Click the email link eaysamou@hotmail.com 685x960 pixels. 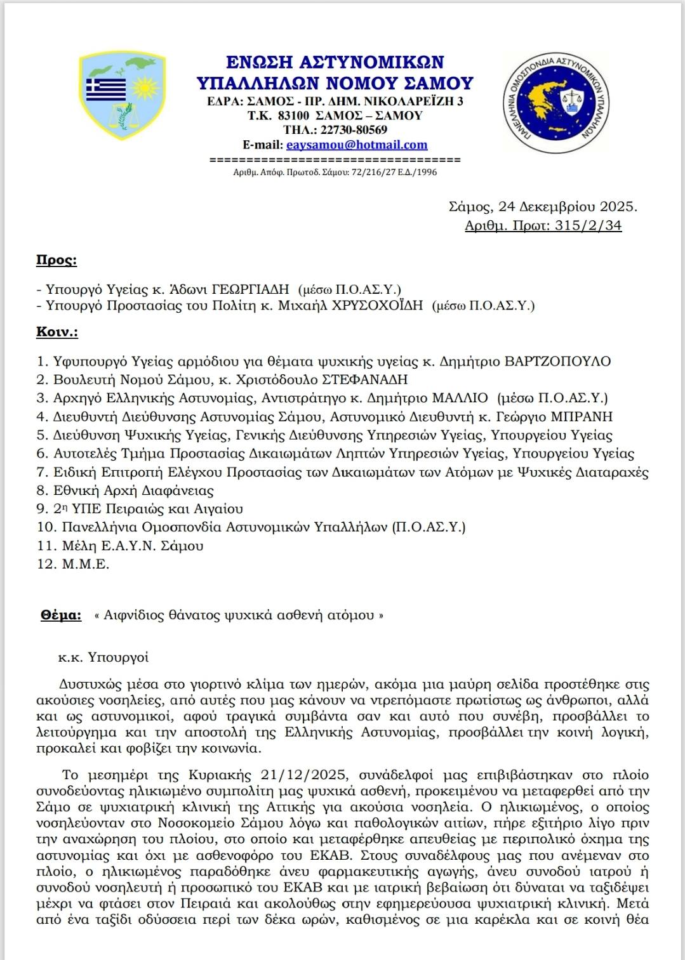point(357,145)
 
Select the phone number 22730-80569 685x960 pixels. point(354,130)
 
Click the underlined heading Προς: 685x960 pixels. point(57,260)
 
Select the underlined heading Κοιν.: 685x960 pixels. point(57,332)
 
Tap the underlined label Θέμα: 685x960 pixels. point(61,615)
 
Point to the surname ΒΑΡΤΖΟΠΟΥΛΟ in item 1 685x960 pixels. point(557,362)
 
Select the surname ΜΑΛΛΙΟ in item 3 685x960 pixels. point(460,398)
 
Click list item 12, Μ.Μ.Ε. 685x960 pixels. point(85,564)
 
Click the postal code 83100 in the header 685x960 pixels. point(294,115)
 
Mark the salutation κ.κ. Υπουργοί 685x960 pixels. point(103,657)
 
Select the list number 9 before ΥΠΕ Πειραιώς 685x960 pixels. point(42,509)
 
